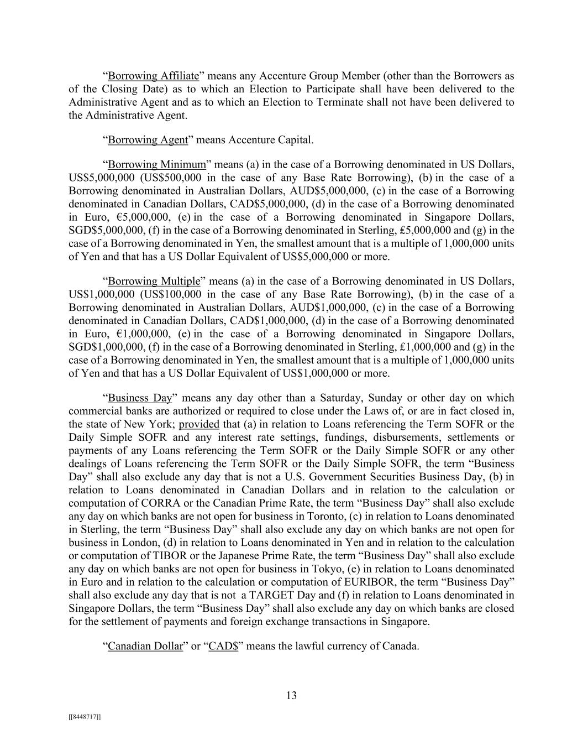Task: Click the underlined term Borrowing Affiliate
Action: coord(153,76)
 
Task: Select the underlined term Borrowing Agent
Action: coord(148,140)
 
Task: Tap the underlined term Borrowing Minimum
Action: coord(156,165)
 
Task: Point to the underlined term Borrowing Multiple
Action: coord(154,282)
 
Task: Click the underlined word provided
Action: coord(199,424)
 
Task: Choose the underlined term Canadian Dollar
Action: coord(145,646)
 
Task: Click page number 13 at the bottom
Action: coord(291,696)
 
